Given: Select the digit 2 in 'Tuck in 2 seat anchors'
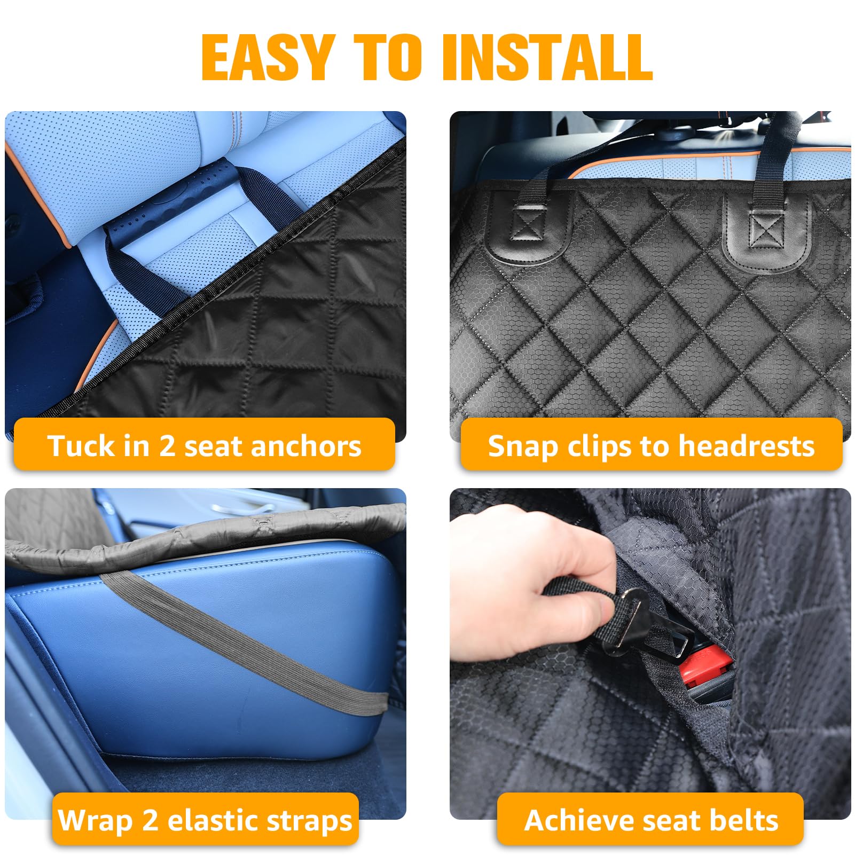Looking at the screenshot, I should pos(167,446).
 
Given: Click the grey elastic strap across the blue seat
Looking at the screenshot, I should pos(240,641).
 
